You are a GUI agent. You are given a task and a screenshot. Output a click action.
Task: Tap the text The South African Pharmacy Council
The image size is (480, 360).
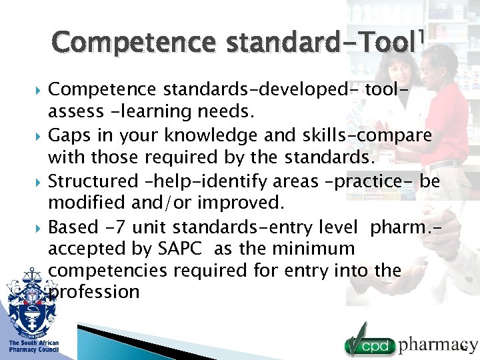[x=33, y=346]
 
